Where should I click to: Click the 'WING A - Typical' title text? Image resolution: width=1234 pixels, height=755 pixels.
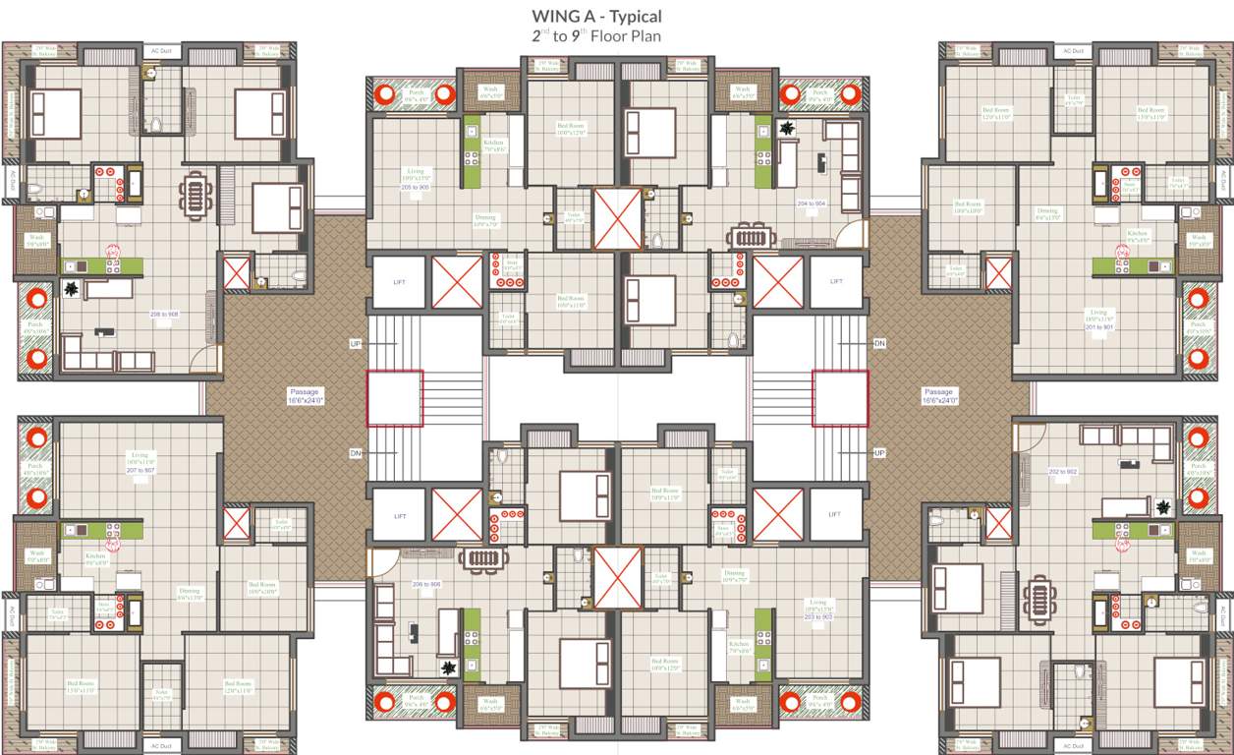tap(596, 17)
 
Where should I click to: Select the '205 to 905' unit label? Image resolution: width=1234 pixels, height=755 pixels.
tap(415, 187)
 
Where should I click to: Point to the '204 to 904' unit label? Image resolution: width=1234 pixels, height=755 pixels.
tap(812, 203)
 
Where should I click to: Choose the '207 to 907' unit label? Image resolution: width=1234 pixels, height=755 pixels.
tap(140, 471)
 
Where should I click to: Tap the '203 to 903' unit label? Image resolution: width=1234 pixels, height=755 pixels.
tap(817, 616)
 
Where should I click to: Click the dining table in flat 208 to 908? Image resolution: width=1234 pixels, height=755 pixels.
tap(196, 194)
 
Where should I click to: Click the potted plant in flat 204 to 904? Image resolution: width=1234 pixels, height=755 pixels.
tap(786, 129)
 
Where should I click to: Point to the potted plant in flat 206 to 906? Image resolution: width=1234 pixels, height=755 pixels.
tap(449, 668)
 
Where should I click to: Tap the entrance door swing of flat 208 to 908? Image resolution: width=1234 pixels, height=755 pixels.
tap(202, 359)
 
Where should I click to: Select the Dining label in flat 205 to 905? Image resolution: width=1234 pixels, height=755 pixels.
tap(485, 220)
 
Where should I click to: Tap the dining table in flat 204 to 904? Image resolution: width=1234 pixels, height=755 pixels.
tap(751, 236)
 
